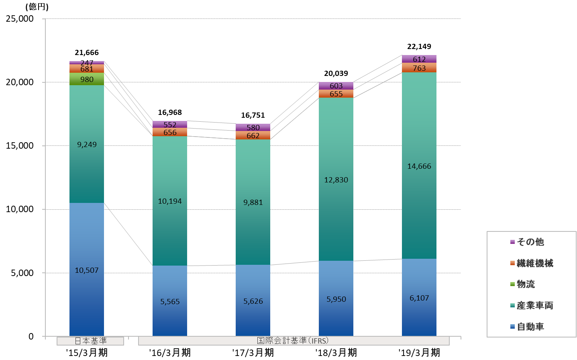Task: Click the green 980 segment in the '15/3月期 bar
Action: coord(87,79)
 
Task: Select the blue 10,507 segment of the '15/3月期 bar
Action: coord(87,270)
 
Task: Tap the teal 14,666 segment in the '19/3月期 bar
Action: coord(419,166)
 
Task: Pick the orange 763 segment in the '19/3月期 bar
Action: coord(419,68)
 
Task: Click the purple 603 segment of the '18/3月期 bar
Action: coord(336,86)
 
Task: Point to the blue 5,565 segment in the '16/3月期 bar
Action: coord(170,301)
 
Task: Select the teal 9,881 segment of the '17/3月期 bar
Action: coord(253,202)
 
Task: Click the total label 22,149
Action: coord(419,47)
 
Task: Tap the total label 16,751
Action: coord(253,115)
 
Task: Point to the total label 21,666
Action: coord(87,53)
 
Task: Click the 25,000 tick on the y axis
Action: coord(20,19)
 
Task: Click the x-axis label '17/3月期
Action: coord(253,353)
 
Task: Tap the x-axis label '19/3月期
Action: coord(419,353)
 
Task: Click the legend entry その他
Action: coord(530,242)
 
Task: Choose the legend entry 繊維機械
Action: coord(534,263)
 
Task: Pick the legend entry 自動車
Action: coord(530,327)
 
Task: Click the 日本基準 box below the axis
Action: coord(90,341)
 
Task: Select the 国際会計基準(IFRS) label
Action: coord(293,341)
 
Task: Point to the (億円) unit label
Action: coord(37,7)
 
